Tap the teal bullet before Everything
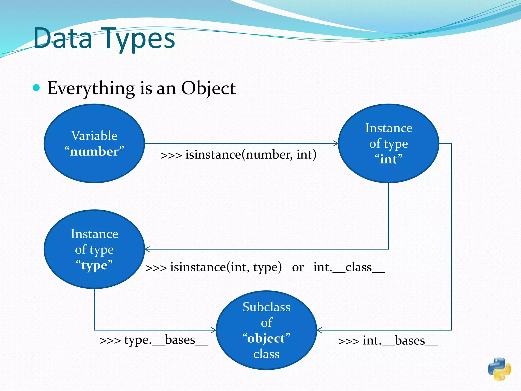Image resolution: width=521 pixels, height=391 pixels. pos(36,88)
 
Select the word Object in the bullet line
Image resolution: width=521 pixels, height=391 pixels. pos(208,89)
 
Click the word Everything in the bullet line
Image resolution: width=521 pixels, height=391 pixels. pos(91,89)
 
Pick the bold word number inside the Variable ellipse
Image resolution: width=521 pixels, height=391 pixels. pos(94,152)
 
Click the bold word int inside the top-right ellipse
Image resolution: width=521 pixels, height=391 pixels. pos(388,160)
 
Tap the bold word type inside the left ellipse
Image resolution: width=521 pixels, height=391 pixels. pos(94,266)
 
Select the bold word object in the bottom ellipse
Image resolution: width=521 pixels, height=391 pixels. pos(266,339)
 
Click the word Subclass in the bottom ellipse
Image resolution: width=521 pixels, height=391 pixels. pos(266,307)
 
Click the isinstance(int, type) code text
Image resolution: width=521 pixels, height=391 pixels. pos(226,267)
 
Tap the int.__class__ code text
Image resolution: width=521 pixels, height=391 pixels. pos(349,267)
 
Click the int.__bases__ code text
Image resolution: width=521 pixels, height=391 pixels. pos(400,341)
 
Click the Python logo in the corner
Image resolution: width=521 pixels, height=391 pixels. pos(499,369)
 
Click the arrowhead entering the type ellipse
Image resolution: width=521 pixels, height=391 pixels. pos(147,249)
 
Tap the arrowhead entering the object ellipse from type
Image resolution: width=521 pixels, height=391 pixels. pos(214,330)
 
